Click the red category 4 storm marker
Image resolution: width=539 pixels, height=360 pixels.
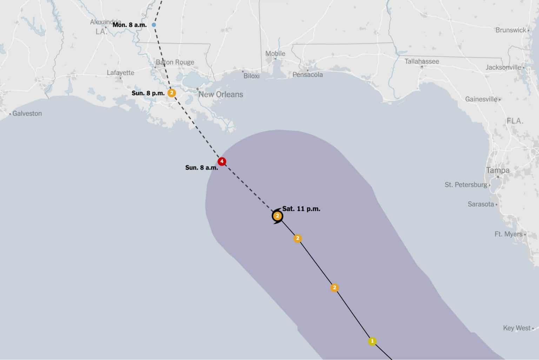tap(221, 162)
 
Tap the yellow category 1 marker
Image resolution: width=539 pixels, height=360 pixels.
tap(372, 341)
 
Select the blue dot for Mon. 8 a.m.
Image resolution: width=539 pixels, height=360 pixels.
tap(154, 25)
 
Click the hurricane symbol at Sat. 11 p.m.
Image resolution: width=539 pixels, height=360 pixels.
tap(278, 216)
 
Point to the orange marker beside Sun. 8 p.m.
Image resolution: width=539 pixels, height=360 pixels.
tap(172, 93)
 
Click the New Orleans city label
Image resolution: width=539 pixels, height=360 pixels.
tap(221, 94)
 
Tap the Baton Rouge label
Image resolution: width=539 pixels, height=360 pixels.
tap(175, 62)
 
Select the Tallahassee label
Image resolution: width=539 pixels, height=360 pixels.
tap(421, 61)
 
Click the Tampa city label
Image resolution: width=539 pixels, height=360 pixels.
tap(498, 170)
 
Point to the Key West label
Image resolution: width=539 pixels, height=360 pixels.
tap(517, 328)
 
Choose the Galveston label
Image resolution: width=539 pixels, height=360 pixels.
tap(27, 113)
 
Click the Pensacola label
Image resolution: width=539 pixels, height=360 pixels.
tap(307, 74)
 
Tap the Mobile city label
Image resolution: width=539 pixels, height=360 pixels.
tap(275, 53)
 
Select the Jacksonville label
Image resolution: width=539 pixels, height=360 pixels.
tap(503, 67)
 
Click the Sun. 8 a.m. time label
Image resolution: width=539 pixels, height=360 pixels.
tap(201, 168)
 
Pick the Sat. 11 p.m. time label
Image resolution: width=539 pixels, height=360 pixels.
tap(301, 209)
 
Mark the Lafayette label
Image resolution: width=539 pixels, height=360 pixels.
tap(120, 73)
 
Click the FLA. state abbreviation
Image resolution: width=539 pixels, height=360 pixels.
tap(515, 121)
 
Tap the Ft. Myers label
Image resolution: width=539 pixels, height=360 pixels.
tap(508, 234)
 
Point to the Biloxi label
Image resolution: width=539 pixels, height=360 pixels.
tap(252, 76)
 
